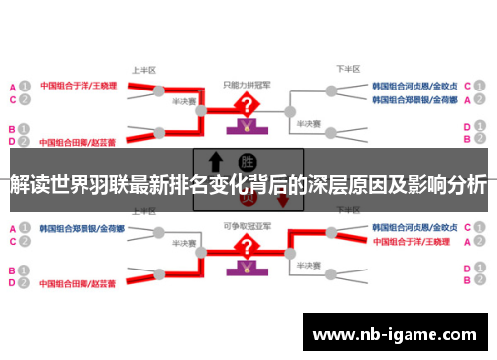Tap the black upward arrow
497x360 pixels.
tap(214, 163)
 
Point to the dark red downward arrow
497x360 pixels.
tap(283, 198)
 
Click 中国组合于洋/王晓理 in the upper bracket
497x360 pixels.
tap(78, 87)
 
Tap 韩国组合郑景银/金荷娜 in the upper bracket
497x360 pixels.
tap(414, 100)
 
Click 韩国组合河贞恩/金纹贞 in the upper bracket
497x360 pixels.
tap(415, 87)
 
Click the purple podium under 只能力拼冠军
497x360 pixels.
tap(244, 126)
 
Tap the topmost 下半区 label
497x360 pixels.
tap(347, 70)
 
